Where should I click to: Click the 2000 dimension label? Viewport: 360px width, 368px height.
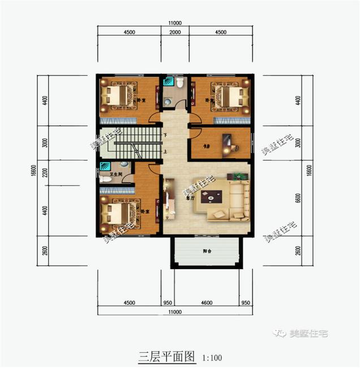point(174,32)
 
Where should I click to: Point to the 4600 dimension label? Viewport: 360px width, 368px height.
point(207,303)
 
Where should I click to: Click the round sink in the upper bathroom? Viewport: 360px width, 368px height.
point(168,101)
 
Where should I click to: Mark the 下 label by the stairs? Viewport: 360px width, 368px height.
point(165,136)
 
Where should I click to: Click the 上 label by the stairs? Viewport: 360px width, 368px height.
point(165,152)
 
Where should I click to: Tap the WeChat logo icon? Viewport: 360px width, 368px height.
point(280,333)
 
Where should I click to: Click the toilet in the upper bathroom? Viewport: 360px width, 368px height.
point(179,83)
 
